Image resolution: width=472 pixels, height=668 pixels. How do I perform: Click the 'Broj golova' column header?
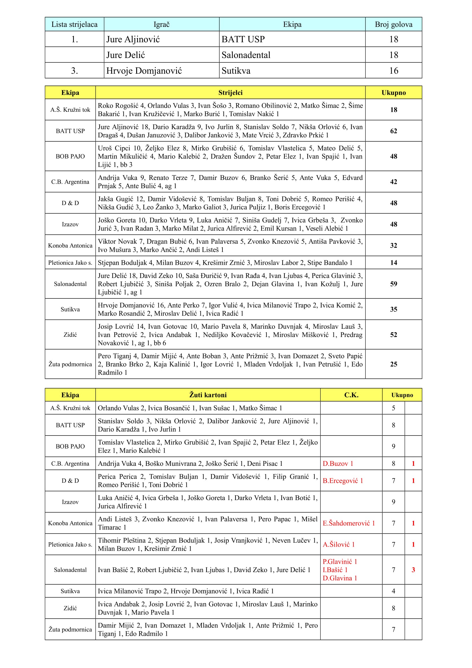(x=393, y=25)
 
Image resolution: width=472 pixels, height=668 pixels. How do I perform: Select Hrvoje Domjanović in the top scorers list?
(x=144, y=71)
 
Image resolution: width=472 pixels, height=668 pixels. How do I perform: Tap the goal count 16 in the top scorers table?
(x=393, y=71)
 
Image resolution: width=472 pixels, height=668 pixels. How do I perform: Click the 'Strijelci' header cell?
(x=230, y=93)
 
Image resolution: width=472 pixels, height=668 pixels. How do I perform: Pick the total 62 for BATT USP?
(x=393, y=131)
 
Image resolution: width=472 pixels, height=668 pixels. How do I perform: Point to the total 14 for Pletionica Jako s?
(x=393, y=263)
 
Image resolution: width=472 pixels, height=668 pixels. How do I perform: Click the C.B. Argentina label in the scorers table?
(x=70, y=182)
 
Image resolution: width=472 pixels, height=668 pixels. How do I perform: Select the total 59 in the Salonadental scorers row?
(x=393, y=284)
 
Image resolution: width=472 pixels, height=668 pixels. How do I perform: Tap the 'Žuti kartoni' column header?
(x=208, y=395)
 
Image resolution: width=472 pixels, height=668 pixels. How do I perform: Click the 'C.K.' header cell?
(x=351, y=395)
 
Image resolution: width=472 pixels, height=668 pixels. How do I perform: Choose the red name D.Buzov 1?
(x=338, y=464)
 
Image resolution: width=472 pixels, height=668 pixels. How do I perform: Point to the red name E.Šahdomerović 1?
(x=348, y=523)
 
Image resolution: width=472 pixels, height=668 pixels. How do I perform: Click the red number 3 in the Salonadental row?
(x=413, y=570)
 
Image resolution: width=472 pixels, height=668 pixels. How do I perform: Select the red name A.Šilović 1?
(x=339, y=544)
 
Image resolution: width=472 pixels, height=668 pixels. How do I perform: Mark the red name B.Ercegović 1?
(x=343, y=481)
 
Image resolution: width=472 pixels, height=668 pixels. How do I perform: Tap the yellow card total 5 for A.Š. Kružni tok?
(x=393, y=408)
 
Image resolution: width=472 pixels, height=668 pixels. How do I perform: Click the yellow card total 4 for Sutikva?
(x=393, y=591)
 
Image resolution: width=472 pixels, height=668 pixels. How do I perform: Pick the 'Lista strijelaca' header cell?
(x=75, y=25)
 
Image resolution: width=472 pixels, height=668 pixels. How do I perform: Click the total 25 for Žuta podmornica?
(x=393, y=364)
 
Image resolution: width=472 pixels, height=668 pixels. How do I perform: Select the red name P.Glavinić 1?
(x=340, y=561)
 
